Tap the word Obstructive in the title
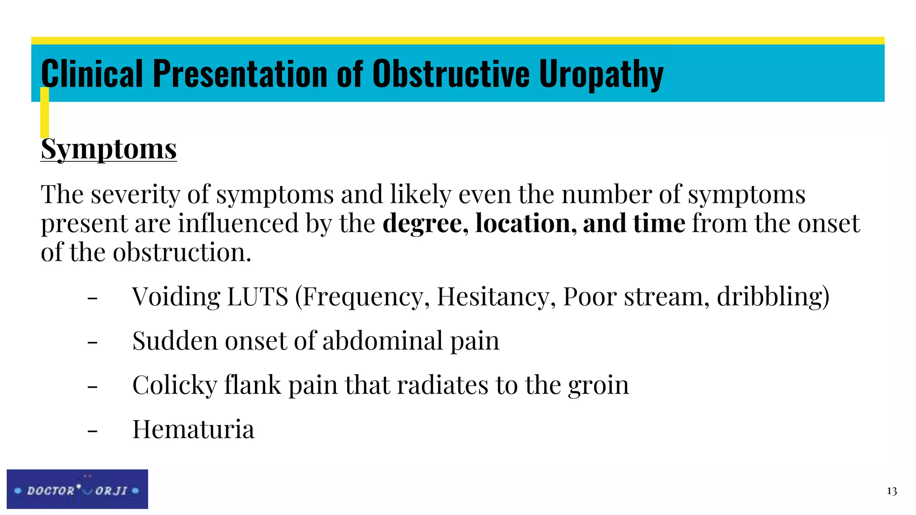(x=451, y=74)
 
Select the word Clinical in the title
(x=92, y=74)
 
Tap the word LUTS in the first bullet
(x=258, y=296)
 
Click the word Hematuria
(x=193, y=429)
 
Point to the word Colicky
(x=174, y=385)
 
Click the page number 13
(x=891, y=491)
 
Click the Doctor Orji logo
(x=77, y=489)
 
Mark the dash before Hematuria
(x=93, y=431)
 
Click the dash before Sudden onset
(x=93, y=342)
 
